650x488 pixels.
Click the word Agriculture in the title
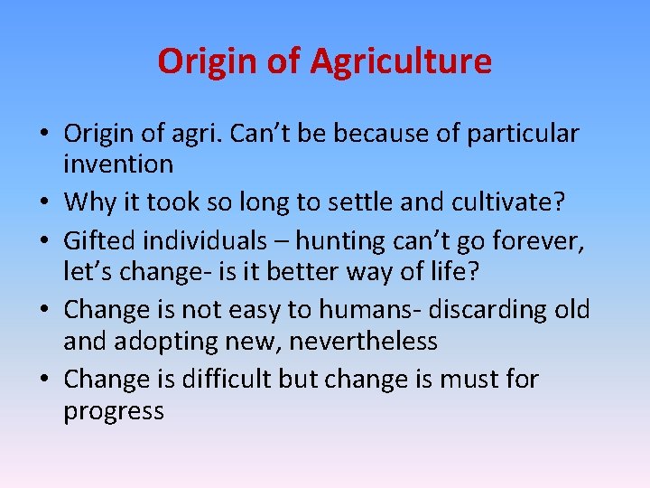[401, 61]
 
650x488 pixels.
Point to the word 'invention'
[117, 164]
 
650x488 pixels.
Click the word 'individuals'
[209, 240]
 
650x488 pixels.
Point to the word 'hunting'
[343, 240]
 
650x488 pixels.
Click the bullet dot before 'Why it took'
[43, 202]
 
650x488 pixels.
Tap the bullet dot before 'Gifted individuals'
[43, 241]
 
